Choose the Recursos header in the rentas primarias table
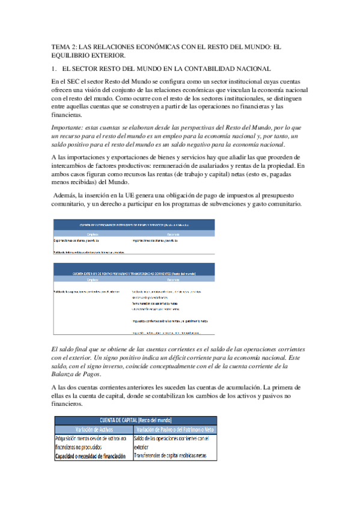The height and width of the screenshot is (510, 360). (x=174, y=280)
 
